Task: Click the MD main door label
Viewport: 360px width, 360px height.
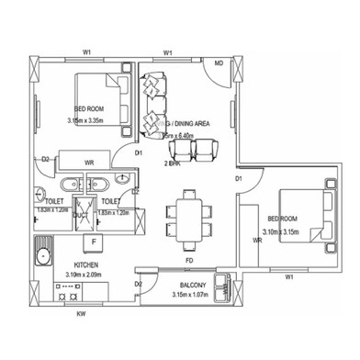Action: click(x=219, y=63)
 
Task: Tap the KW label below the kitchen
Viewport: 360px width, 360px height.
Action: click(x=82, y=314)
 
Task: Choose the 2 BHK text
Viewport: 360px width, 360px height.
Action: click(x=174, y=163)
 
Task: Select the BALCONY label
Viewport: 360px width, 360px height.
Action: click(x=192, y=285)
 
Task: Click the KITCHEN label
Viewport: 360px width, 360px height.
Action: click(x=87, y=264)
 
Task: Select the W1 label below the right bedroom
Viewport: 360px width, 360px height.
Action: click(x=289, y=276)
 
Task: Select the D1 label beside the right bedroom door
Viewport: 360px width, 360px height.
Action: click(x=237, y=176)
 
